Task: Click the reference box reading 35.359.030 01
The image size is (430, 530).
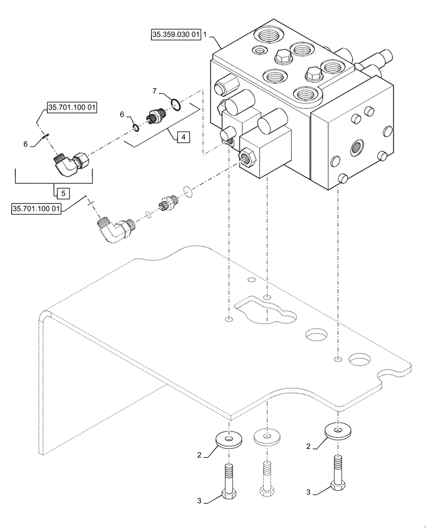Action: click(x=176, y=36)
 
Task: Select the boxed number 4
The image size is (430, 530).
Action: click(x=182, y=138)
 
